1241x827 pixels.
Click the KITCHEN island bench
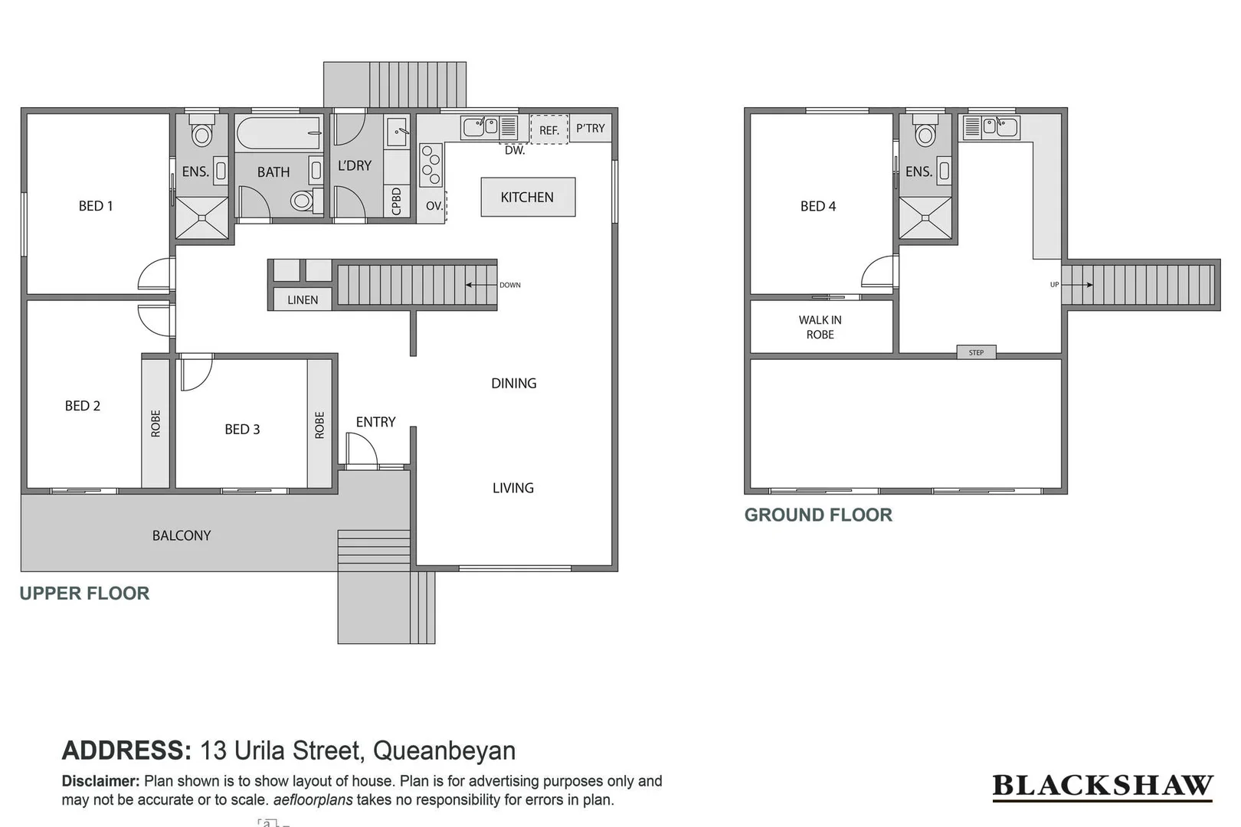528,197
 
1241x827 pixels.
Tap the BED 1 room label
96,206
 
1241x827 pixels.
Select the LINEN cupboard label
303,299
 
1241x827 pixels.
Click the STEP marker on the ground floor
976,352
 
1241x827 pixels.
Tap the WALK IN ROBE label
820,327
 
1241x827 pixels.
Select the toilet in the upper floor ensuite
201,133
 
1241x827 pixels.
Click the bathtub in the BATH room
278,133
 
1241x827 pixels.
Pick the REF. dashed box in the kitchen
549,129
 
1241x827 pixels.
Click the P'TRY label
590,128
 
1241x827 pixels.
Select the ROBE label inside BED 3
319,425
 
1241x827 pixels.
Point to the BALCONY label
182,535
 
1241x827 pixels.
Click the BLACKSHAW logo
1102,786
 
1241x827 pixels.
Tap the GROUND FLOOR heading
818,515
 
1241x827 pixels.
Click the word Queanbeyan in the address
444,750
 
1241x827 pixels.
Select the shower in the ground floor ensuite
925,217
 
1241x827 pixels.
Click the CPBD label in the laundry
396,202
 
